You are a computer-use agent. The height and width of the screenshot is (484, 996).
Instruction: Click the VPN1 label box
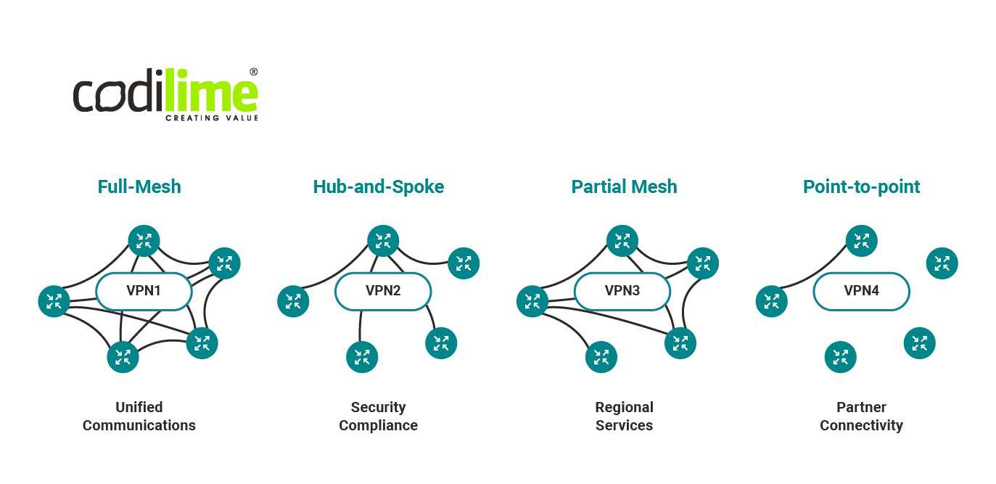144,291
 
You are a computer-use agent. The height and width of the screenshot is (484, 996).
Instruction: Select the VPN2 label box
383,291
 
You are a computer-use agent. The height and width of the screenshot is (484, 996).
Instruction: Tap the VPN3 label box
622,291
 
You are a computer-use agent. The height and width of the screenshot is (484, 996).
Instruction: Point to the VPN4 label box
861,291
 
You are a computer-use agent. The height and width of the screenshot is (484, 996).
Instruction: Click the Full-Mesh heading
139,186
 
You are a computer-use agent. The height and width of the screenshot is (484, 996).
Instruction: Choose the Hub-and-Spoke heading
378,186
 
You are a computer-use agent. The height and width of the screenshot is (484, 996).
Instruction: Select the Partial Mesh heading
624,186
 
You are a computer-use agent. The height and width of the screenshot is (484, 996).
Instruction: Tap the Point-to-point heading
861,186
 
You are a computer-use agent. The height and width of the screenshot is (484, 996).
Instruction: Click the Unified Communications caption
139,416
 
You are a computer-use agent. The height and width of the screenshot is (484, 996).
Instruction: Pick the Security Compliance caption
378,416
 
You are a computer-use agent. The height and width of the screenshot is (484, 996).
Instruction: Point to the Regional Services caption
624,416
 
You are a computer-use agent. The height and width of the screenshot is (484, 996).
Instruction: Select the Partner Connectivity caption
861,416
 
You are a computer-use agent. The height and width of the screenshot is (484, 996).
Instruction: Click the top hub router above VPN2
383,241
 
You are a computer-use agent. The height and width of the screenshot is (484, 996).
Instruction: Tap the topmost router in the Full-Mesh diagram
144,241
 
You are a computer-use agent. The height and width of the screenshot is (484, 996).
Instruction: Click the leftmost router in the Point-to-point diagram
772,301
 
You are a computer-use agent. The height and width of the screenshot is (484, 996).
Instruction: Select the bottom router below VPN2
362,357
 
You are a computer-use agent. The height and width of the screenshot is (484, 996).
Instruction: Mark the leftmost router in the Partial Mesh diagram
532,301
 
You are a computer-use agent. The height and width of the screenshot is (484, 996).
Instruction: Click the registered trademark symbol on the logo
253,72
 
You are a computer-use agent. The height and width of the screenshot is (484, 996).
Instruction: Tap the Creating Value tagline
211,118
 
